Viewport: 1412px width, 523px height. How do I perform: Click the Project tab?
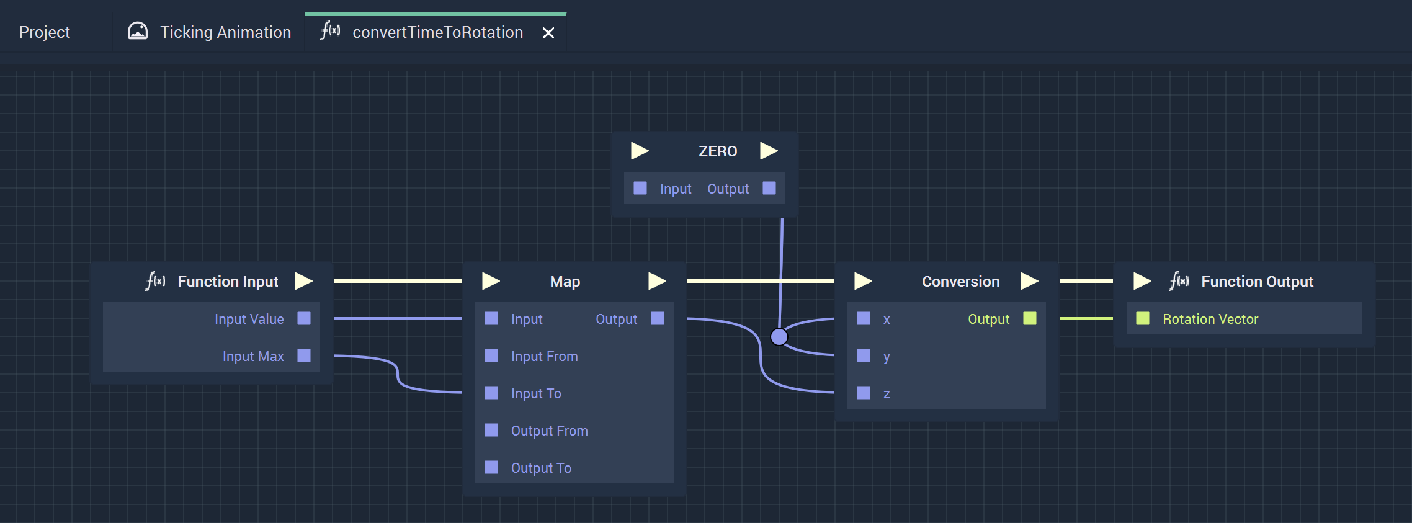pyautogui.click(x=45, y=32)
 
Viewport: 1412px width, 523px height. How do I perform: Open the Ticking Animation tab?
pyautogui.click(x=209, y=32)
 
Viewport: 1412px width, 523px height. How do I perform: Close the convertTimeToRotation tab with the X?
pyautogui.click(x=548, y=33)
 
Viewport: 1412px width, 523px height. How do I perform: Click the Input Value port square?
pyautogui.click(x=304, y=318)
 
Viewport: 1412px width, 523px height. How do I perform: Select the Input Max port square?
pyautogui.click(x=304, y=355)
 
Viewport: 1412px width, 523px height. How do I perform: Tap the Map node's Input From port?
pyautogui.click(x=491, y=355)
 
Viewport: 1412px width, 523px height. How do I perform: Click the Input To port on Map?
pyautogui.click(x=491, y=393)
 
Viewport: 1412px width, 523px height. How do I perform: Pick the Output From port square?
pyautogui.click(x=491, y=430)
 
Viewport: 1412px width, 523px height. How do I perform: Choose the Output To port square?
pyautogui.click(x=491, y=467)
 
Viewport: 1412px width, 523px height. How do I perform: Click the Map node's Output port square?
pyautogui.click(x=658, y=318)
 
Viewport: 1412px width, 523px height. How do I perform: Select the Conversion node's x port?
pyautogui.click(x=864, y=318)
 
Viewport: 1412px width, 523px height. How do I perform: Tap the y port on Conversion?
pyautogui.click(x=864, y=355)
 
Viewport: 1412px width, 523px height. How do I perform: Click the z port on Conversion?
pyautogui.click(x=864, y=393)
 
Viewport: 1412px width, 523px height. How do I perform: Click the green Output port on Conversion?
pyautogui.click(x=1030, y=318)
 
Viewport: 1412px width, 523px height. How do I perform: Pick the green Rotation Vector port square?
pyautogui.click(x=1143, y=318)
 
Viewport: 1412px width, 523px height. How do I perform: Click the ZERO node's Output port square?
pyautogui.click(x=769, y=188)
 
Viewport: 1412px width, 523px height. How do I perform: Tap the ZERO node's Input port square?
pyautogui.click(x=640, y=188)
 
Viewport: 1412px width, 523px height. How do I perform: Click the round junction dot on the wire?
pyautogui.click(x=779, y=337)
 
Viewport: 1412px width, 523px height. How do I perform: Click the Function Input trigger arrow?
pyautogui.click(x=303, y=281)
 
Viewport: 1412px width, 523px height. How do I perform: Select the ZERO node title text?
pyautogui.click(x=718, y=151)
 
